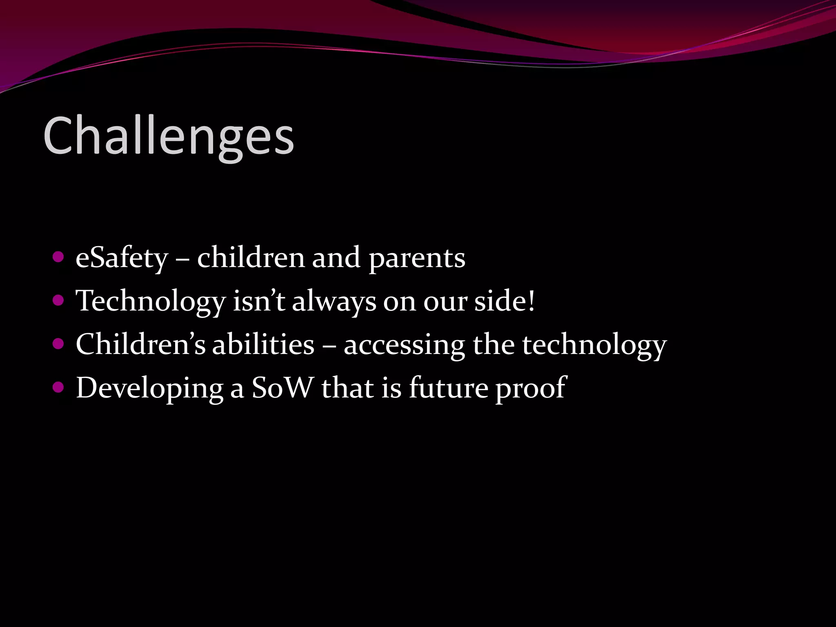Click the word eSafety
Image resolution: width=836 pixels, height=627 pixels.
click(122, 258)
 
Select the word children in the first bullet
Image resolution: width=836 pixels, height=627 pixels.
click(251, 258)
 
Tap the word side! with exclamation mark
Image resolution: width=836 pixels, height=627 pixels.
click(504, 301)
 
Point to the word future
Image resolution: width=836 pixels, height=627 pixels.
click(448, 387)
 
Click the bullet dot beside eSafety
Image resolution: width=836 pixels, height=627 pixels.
click(58, 257)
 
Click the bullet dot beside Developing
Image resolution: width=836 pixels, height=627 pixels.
click(58, 387)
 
